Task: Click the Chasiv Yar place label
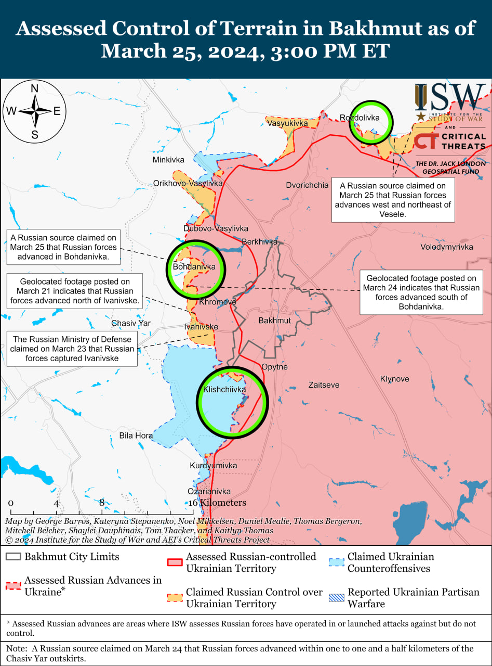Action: [x=131, y=323]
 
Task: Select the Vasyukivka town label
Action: [x=287, y=123]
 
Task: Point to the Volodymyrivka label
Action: [x=447, y=247]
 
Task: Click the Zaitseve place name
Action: [x=324, y=385]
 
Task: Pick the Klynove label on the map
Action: [x=394, y=379]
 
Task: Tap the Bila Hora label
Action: [x=136, y=436]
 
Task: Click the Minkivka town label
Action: [x=168, y=160]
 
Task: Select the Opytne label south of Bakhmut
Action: [x=275, y=367]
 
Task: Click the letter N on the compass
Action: [x=35, y=88]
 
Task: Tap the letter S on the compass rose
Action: [x=35, y=135]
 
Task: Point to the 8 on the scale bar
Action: [x=102, y=503]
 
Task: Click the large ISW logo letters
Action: [x=450, y=96]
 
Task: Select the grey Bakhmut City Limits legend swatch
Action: [x=14, y=557]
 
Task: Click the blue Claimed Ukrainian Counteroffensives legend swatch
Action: [x=336, y=562]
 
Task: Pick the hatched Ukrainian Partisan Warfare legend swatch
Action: [x=336, y=598]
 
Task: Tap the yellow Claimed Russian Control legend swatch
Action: [x=175, y=598]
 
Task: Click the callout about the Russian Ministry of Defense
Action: [x=72, y=349]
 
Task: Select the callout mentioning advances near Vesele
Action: [x=393, y=200]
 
